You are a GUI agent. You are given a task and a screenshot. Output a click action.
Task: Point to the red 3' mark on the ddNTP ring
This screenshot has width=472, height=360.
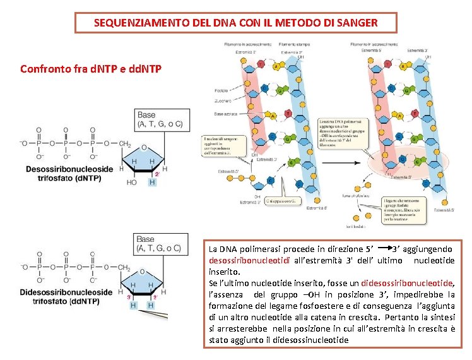[x=130, y=296]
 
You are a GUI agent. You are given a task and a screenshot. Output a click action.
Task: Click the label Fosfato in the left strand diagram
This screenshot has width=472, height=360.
[x=221, y=90]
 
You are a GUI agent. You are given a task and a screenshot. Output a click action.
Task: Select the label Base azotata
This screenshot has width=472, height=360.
[x=226, y=114]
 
